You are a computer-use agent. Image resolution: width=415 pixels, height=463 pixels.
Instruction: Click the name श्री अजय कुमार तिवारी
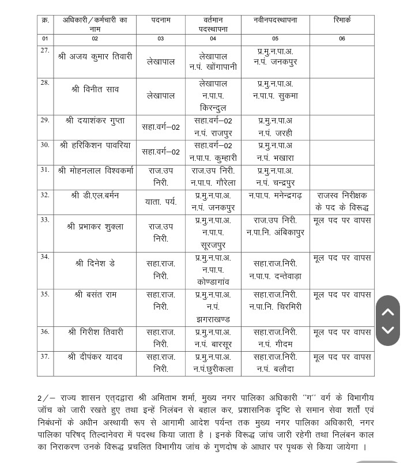pyautogui.click(x=95, y=57)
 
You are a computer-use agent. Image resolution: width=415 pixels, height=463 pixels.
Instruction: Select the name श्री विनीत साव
pyautogui.click(x=95, y=89)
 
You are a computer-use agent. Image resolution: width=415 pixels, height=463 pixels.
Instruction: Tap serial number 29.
pyautogui.click(x=45, y=120)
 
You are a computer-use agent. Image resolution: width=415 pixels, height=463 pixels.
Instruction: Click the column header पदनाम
pyautogui.click(x=161, y=20)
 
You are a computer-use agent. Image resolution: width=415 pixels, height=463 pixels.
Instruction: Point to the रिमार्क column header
pyautogui.click(x=342, y=20)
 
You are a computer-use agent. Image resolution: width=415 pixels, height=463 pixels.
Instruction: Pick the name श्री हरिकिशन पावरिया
pyautogui.click(x=95, y=145)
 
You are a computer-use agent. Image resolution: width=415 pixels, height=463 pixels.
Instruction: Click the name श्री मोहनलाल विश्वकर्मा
pyautogui.click(x=95, y=171)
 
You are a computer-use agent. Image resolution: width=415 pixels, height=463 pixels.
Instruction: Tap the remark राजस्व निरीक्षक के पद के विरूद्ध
pyautogui.click(x=342, y=202)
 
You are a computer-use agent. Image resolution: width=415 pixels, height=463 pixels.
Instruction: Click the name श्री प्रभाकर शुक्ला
pyautogui.click(x=95, y=227)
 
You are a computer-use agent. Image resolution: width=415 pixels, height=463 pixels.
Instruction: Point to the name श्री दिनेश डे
pyautogui.click(x=95, y=264)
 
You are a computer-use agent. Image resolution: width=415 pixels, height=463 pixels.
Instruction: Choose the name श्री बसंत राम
pyautogui.click(x=95, y=295)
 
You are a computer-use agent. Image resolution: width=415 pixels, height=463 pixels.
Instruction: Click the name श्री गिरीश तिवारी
pyautogui.click(x=95, y=332)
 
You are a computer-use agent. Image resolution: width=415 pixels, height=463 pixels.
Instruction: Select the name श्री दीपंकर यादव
pyautogui.click(x=95, y=357)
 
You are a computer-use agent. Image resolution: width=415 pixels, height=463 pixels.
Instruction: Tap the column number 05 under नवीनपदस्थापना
pyautogui.click(x=275, y=39)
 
